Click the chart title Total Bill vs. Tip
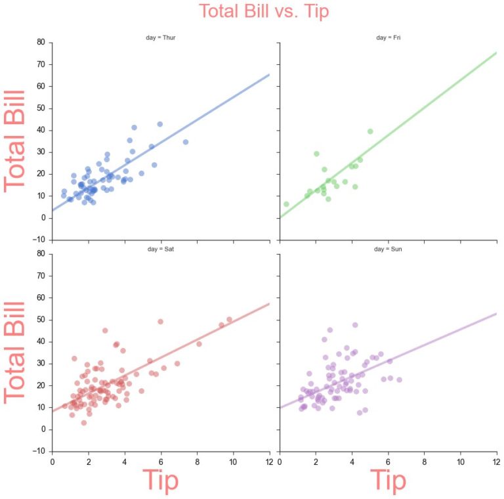264,11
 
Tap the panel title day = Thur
160,37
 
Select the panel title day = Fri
388,37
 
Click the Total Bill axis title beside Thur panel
15,141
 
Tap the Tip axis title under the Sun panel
388,481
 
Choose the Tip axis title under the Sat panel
160,481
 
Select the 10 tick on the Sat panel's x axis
233,462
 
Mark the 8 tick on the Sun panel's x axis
425,462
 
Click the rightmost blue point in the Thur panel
186,142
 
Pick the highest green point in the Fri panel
370,131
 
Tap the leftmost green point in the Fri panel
286,204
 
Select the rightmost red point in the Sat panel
229,320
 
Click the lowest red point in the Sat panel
84,423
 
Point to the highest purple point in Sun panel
355,325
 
